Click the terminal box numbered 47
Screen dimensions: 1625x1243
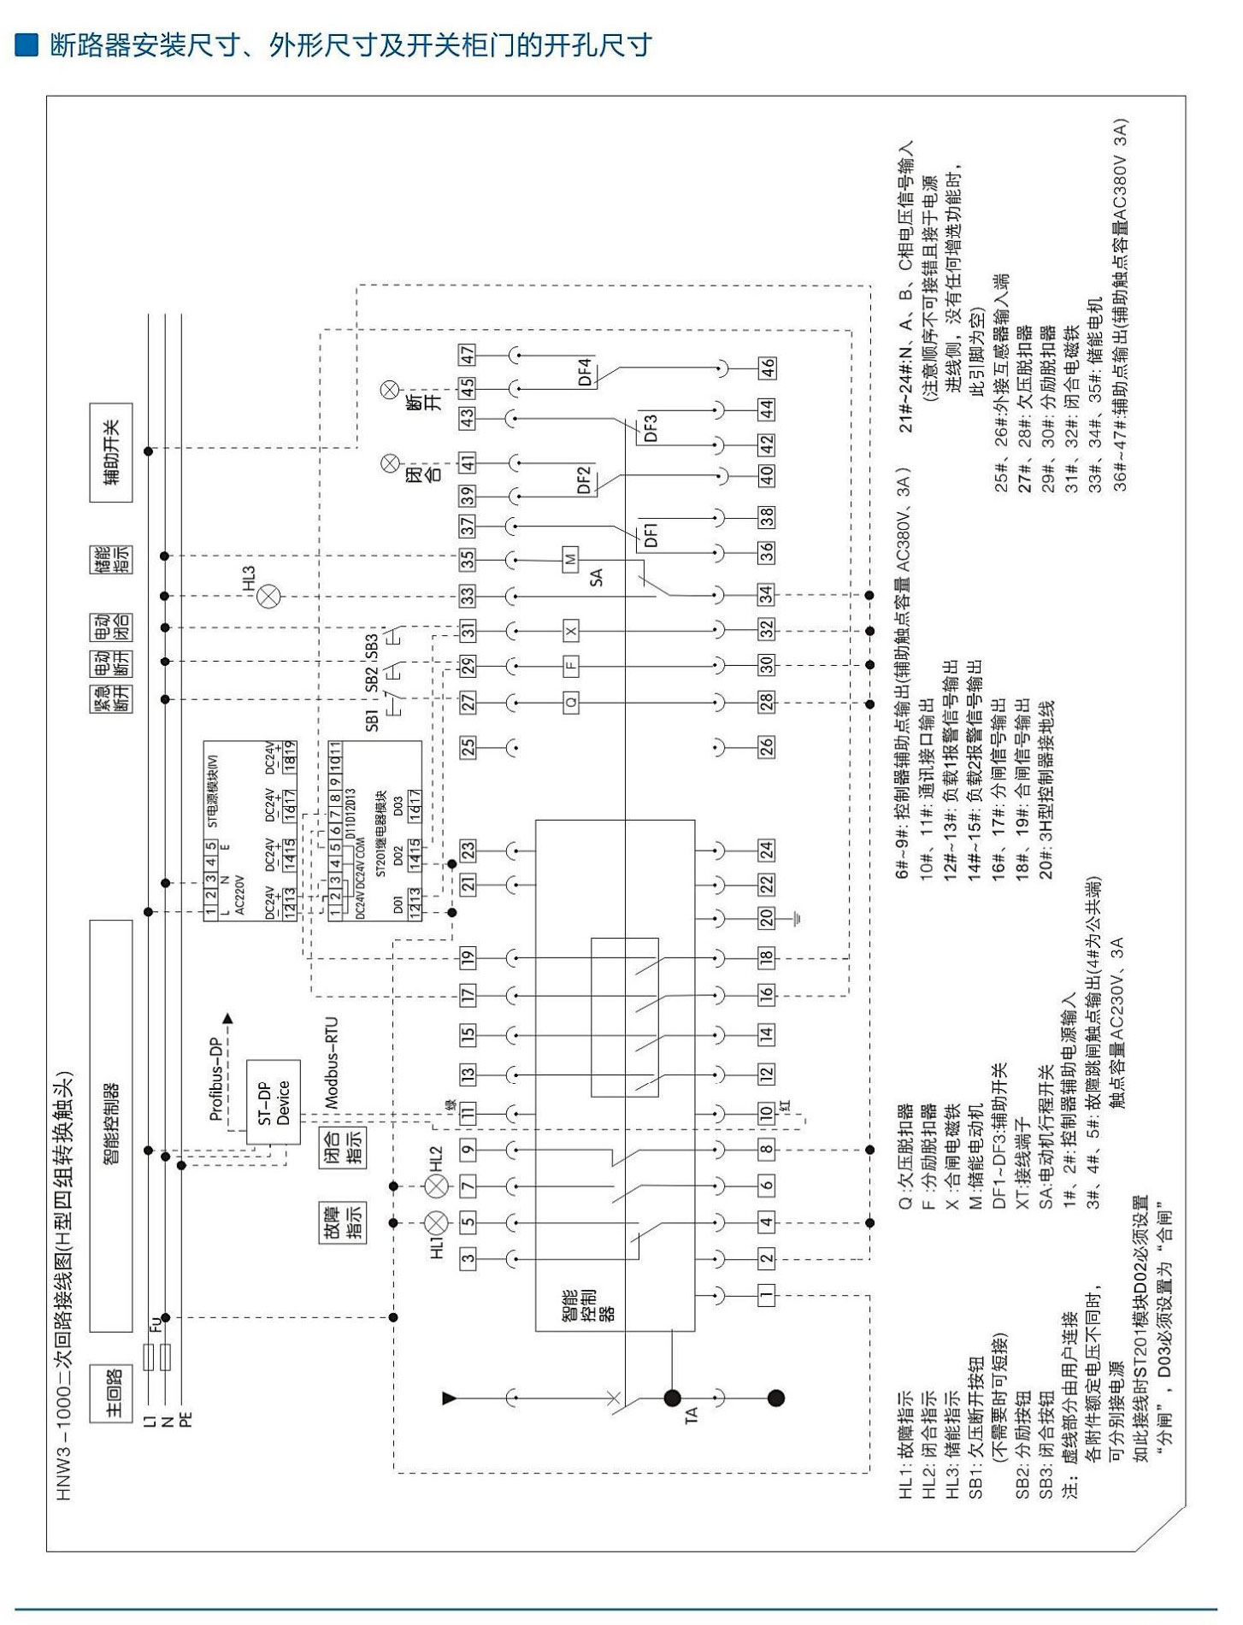(x=468, y=354)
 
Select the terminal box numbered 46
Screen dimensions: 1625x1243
(x=767, y=368)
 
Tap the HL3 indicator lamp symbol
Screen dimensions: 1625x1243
(x=268, y=596)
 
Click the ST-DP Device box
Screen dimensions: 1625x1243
(x=274, y=1102)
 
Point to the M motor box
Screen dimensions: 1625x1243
(x=570, y=560)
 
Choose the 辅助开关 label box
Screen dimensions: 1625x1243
(x=111, y=452)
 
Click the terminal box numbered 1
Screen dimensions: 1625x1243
(x=767, y=1293)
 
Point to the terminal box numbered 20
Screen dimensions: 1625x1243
(x=767, y=917)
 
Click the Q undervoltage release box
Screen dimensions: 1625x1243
(x=570, y=702)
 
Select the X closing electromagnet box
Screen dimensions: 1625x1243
(x=570, y=631)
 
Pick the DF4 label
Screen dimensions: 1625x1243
(x=585, y=373)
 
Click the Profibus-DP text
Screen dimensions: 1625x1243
(x=217, y=1078)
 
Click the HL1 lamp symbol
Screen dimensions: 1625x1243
(x=437, y=1222)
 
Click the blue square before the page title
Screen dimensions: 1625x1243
(x=27, y=44)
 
